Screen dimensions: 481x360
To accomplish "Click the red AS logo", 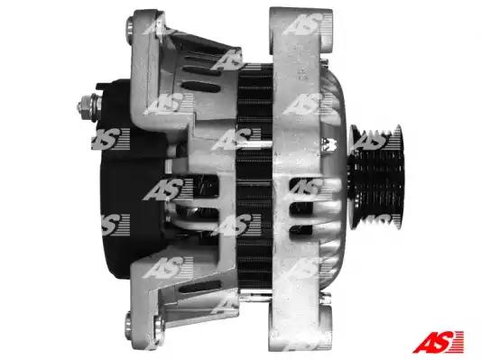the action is pos(438,342).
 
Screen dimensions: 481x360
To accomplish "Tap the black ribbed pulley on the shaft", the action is pos(376,177).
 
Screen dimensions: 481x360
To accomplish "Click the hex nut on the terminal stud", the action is pos(84,107).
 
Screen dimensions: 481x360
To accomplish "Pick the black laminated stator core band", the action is pos(254,176).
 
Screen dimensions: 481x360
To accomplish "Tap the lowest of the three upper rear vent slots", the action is pos(200,87).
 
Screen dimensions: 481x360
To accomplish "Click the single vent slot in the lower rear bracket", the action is pos(200,287).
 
